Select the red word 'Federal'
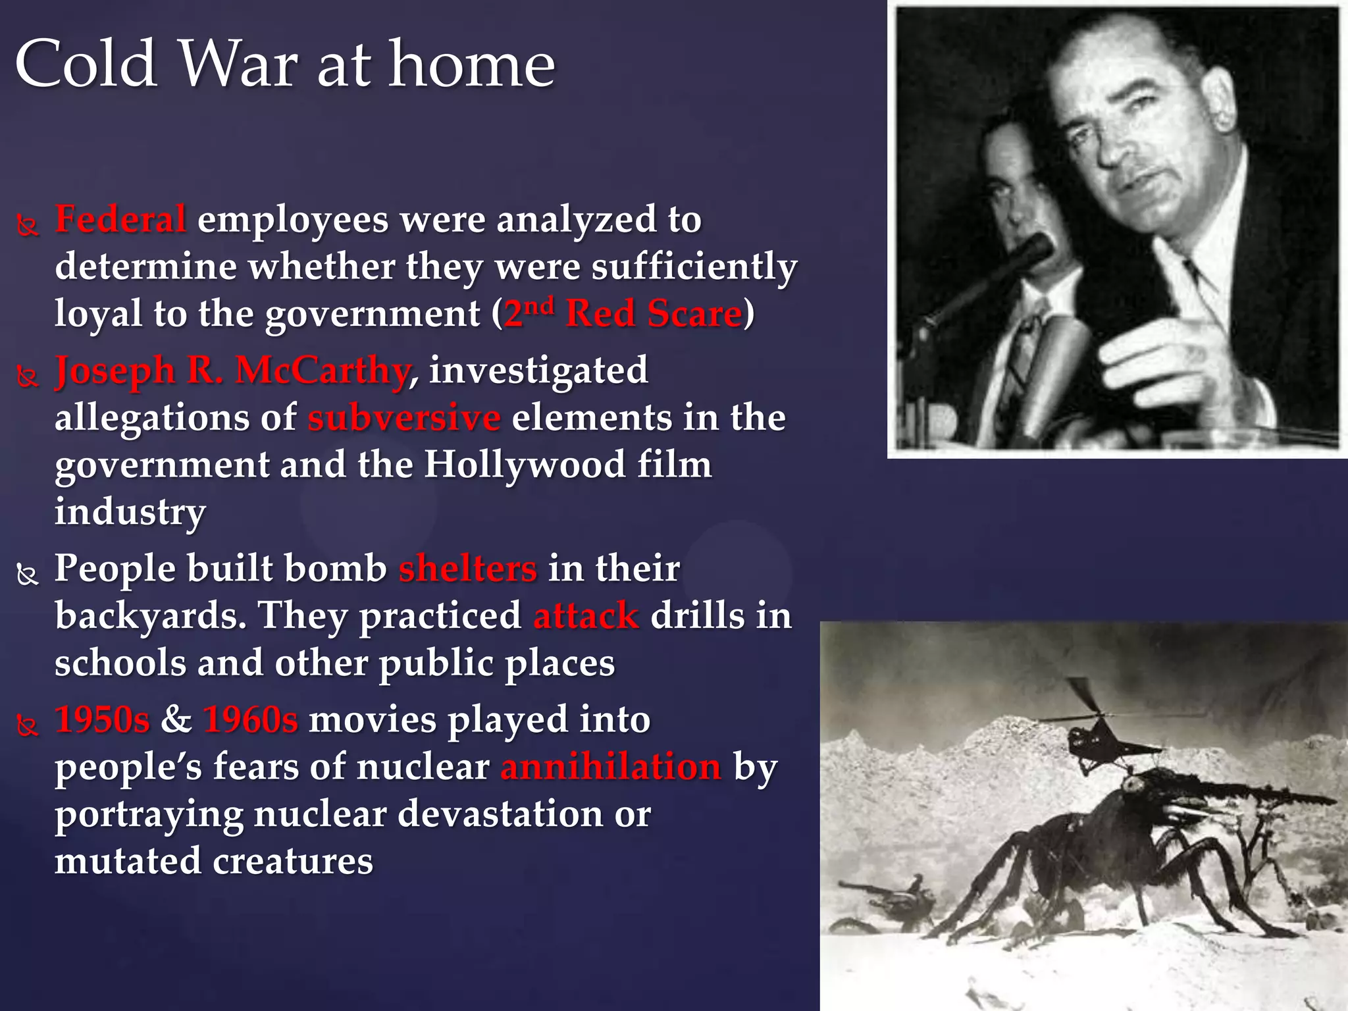click(120, 219)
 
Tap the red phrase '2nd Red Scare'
click(623, 313)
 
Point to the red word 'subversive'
click(404, 418)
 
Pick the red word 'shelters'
click(467, 569)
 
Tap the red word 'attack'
click(586, 616)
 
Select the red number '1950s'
click(103, 719)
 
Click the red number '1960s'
click(251, 719)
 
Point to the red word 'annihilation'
click(611, 767)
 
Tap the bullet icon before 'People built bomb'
click(27, 575)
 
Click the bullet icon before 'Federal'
click(27, 226)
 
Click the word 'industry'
click(130, 512)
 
